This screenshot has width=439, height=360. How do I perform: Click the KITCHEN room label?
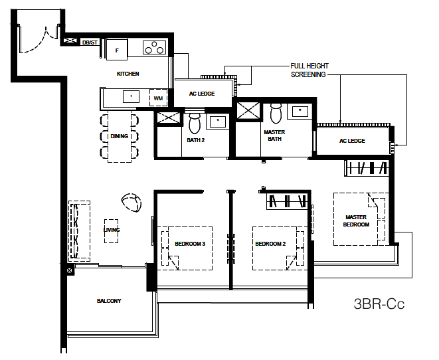[x=128, y=74]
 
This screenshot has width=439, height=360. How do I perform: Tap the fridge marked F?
[x=117, y=49]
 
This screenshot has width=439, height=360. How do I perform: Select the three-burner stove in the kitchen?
[x=154, y=47]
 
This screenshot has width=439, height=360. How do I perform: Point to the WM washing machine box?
[x=158, y=98]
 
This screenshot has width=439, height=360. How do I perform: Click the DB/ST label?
[x=90, y=43]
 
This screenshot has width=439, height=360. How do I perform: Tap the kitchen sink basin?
[x=131, y=96]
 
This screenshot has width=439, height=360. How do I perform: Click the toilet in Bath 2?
[x=195, y=122]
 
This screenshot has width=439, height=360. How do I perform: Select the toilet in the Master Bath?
[x=276, y=112]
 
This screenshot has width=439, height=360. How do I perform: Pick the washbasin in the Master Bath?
[x=300, y=112]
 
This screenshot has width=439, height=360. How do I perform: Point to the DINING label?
[x=120, y=136]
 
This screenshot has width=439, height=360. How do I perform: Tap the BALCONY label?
[x=109, y=301]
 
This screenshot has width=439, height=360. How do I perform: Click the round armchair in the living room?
[x=132, y=203]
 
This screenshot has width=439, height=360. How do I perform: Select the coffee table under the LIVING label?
[x=111, y=231]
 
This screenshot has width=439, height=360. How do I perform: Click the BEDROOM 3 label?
[x=190, y=244]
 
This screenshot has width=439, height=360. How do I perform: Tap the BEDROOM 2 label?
[x=270, y=244]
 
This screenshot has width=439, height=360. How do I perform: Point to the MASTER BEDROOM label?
[x=356, y=221]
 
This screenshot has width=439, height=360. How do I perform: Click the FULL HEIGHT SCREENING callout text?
[x=309, y=70]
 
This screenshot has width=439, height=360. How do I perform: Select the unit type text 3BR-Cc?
[x=379, y=304]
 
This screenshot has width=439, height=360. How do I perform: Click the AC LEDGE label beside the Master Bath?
[x=352, y=141]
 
